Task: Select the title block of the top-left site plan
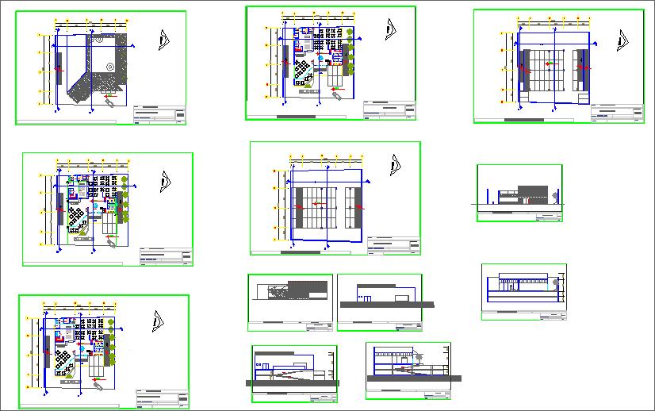[x=160, y=115]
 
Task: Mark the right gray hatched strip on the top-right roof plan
[x=583, y=71]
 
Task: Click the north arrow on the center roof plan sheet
[x=392, y=165]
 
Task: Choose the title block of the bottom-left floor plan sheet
[x=163, y=398]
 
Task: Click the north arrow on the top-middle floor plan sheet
[x=390, y=29]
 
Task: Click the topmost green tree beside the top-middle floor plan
[x=349, y=32]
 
